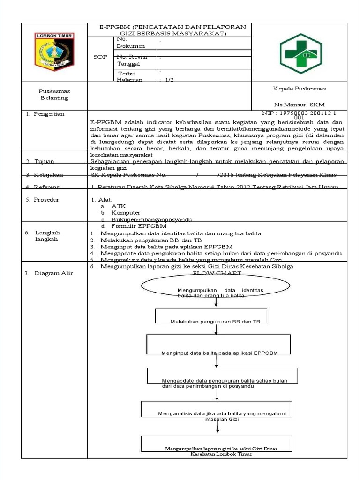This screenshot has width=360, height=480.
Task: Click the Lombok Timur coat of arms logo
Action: coord(53,51)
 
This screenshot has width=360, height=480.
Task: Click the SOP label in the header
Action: coord(101,57)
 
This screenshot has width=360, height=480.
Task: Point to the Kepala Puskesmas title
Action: coord(300,89)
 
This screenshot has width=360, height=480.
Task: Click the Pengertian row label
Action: coord(49,114)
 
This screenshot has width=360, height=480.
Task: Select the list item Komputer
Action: coord(126,213)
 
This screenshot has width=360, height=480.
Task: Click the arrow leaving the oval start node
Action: coord(215,302)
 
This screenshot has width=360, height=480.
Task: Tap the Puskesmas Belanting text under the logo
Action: coord(54,94)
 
